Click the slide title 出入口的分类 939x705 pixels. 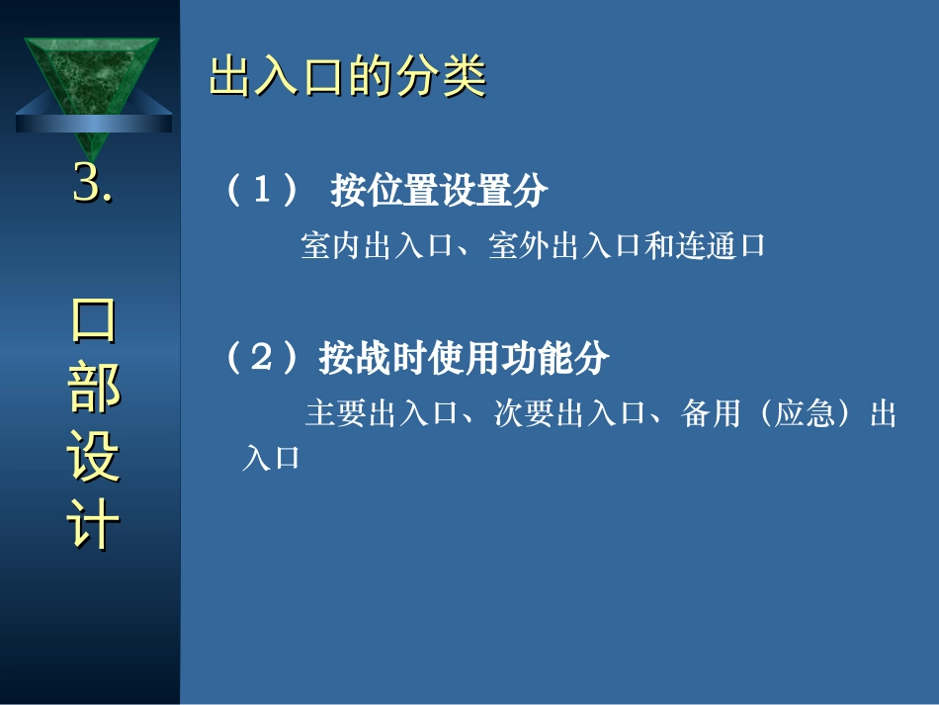tap(347, 76)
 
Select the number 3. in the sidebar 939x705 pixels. tap(93, 183)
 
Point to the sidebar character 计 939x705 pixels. tap(94, 523)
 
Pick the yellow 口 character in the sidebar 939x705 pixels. tap(94, 320)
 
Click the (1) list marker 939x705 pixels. tap(262, 189)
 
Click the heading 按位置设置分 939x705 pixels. tap(439, 191)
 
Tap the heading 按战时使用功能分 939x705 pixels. tap(465, 358)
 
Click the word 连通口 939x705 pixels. tap(721, 245)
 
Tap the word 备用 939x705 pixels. tap(711, 413)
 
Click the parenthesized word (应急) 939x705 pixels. tap(805, 413)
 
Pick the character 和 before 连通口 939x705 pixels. tap(658, 245)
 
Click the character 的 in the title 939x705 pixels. tap(371, 76)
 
